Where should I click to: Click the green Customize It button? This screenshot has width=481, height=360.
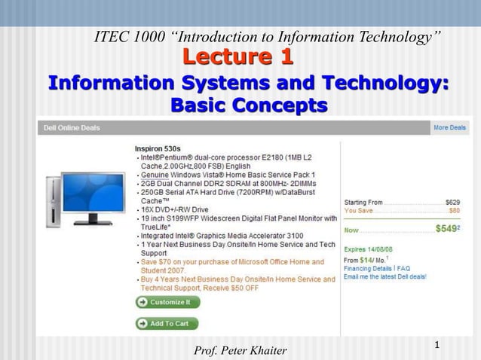click(x=167, y=302)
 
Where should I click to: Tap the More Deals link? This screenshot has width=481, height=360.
click(x=449, y=128)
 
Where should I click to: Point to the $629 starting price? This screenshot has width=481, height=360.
click(x=452, y=202)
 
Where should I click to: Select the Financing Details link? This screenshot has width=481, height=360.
click(x=368, y=267)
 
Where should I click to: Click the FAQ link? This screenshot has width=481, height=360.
click(x=403, y=267)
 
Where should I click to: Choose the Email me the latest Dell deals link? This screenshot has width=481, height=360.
click(x=384, y=276)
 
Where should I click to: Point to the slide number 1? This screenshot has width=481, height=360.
click(x=437, y=345)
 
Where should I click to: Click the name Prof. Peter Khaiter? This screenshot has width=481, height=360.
click(x=240, y=349)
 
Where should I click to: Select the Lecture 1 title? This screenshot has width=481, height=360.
click(x=238, y=57)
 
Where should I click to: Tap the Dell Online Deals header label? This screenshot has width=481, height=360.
click(x=69, y=128)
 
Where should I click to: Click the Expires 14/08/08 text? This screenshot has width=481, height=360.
click(x=368, y=249)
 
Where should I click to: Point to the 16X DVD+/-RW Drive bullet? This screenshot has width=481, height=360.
click(x=178, y=209)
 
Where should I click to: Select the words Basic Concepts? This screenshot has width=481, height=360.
click(x=249, y=105)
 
